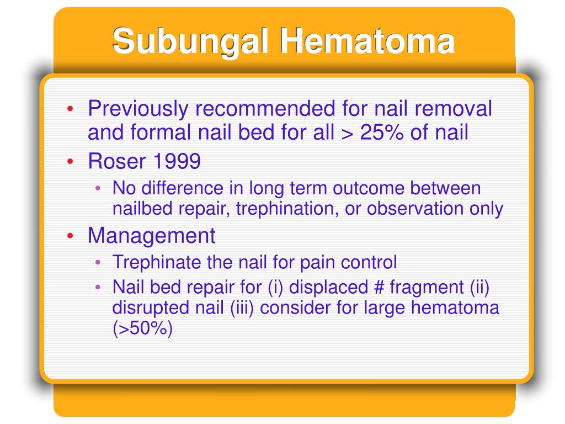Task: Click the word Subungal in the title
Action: click(x=190, y=42)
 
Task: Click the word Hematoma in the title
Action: click(x=367, y=40)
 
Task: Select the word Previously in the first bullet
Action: click(x=138, y=109)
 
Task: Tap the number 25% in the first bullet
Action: click(x=382, y=132)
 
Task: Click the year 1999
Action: click(x=177, y=161)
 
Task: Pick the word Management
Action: click(x=151, y=236)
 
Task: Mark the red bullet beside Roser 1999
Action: click(x=70, y=162)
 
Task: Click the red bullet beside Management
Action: click(x=70, y=236)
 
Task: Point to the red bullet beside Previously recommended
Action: click(x=70, y=108)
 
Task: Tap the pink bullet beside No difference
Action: click(x=98, y=188)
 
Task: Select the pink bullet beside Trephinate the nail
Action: click(x=98, y=262)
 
